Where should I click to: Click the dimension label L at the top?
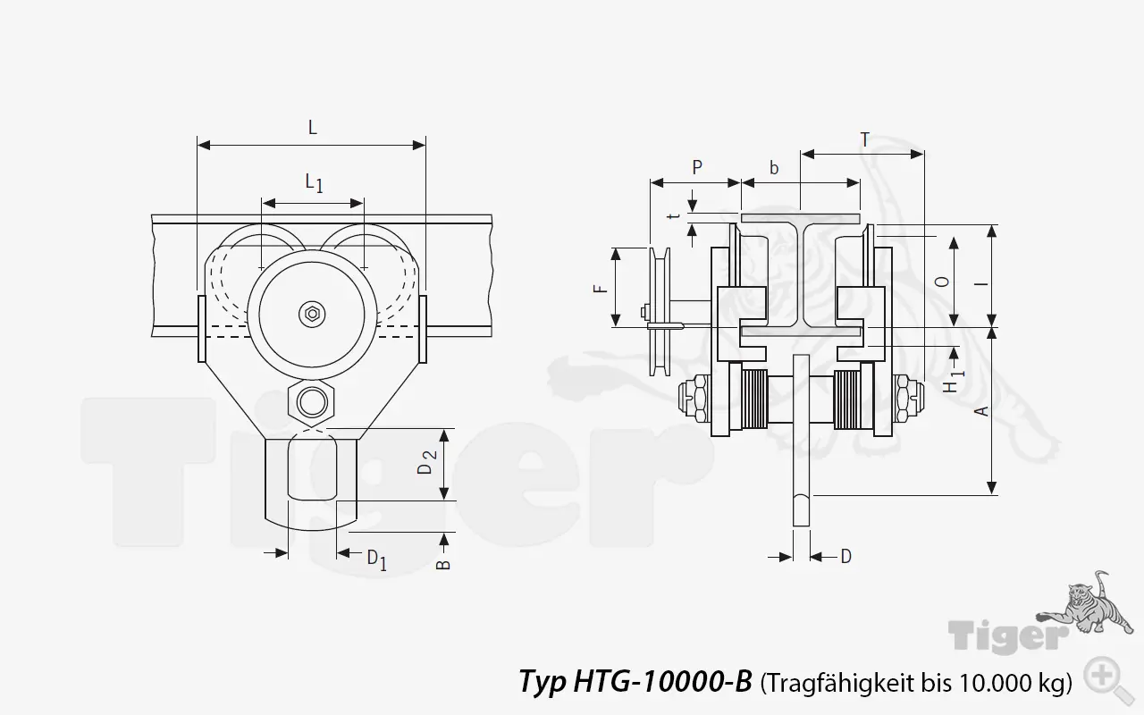[312, 128]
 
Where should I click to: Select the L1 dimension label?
[314, 183]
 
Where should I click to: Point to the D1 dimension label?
[376, 559]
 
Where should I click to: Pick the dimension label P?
[697, 167]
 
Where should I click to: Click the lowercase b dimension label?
[774, 167]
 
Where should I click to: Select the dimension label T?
[864, 139]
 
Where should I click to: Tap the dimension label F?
[601, 288]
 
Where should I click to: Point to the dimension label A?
[980, 410]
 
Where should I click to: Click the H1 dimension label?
[953, 381]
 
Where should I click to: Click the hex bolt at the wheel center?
[311, 313]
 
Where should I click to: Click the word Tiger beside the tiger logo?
[1009, 636]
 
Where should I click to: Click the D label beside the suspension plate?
[845, 557]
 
